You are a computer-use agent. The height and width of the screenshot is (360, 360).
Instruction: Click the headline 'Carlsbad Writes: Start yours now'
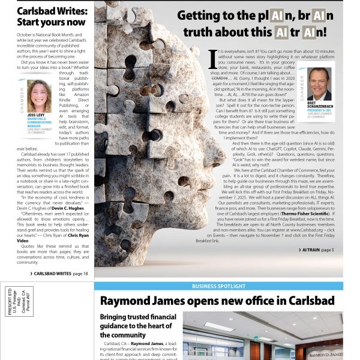click(51, 17)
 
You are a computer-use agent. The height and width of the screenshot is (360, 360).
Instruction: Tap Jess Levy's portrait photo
click(39, 96)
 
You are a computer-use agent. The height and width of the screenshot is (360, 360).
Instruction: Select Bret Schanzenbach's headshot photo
click(319, 83)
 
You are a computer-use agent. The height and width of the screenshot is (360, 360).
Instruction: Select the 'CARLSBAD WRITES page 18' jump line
click(61, 273)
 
